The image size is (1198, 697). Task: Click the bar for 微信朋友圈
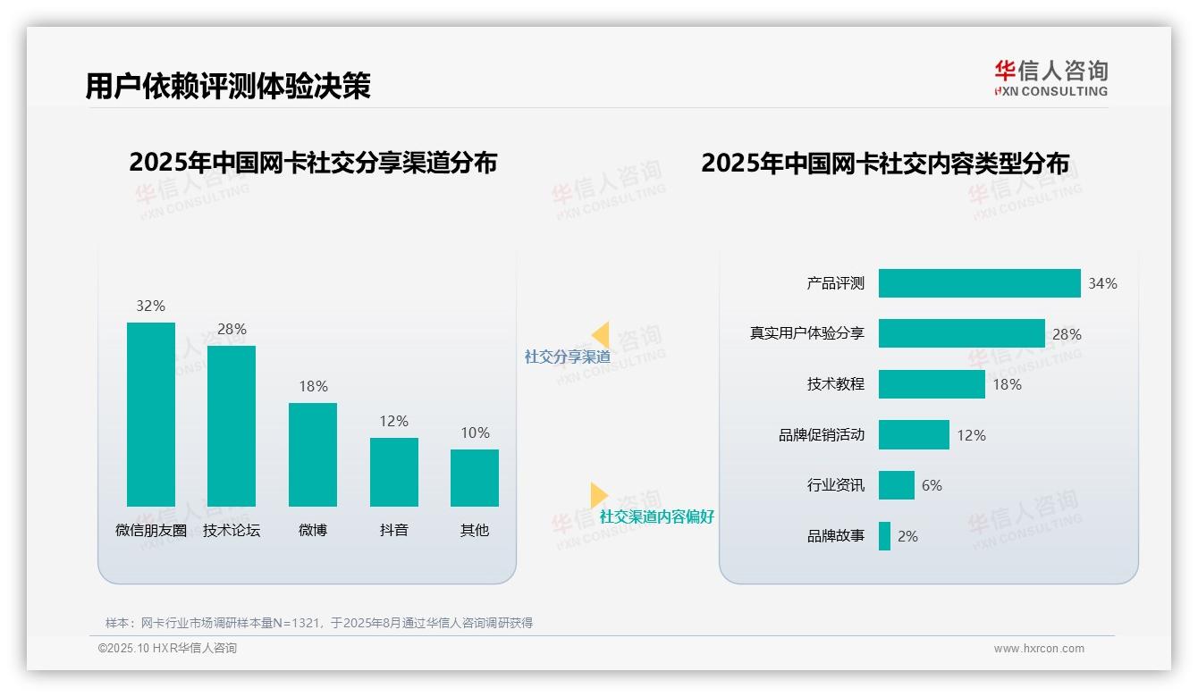pyautogui.click(x=151, y=415)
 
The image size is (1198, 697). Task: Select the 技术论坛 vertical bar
pyautogui.click(x=232, y=426)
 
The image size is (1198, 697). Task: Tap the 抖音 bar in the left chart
pyautogui.click(x=394, y=472)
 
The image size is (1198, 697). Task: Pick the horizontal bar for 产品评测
pyautogui.click(x=979, y=283)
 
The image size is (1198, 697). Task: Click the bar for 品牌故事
pyautogui.click(x=884, y=536)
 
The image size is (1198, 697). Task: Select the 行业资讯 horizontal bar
pyautogui.click(x=896, y=485)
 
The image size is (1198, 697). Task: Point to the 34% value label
pyautogui.click(x=1102, y=283)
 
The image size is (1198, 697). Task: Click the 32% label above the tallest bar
pyautogui.click(x=150, y=306)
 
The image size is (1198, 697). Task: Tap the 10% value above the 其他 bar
pyautogui.click(x=475, y=432)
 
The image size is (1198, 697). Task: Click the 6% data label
pyautogui.click(x=932, y=485)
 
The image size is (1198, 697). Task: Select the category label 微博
pyautogui.click(x=313, y=530)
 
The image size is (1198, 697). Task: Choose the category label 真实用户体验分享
pyautogui.click(x=806, y=333)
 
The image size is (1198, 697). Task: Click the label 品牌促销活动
pyautogui.click(x=821, y=435)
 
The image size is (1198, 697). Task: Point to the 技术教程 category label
pyautogui.click(x=835, y=384)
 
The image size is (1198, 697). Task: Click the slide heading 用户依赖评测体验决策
pyautogui.click(x=228, y=86)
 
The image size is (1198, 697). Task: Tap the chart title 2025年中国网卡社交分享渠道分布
pyautogui.click(x=313, y=163)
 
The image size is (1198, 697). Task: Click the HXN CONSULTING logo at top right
pyautogui.click(x=1050, y=78)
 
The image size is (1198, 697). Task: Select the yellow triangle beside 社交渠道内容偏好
pyautogui.click(x=598, y=495)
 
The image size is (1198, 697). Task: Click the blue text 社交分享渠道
pyautogui.click(x=567, y=357)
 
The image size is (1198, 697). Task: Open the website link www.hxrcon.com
pyautogui.click(x=1039, y=649)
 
